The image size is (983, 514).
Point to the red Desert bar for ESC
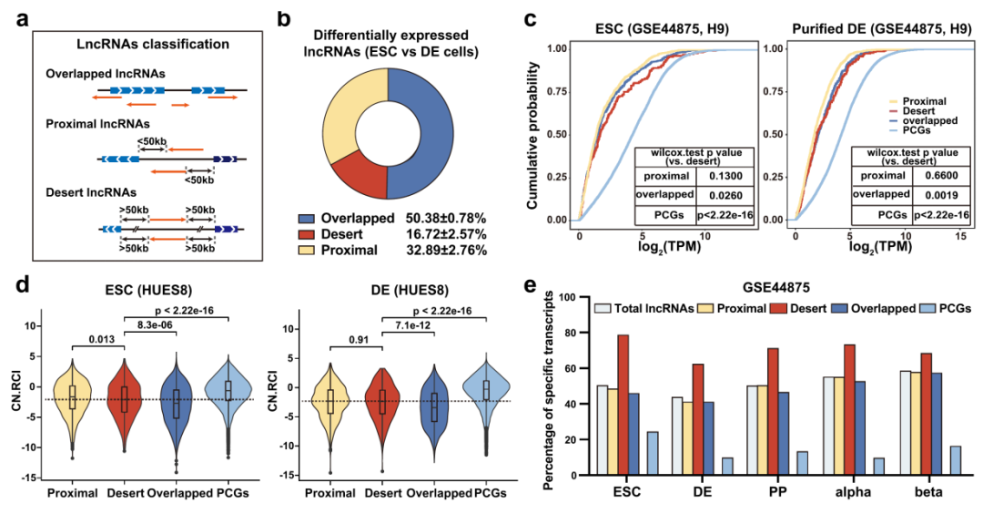coord(623,406)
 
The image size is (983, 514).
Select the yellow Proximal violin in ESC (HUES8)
coord(73,391)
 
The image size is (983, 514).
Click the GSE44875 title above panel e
coord(769,285)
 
